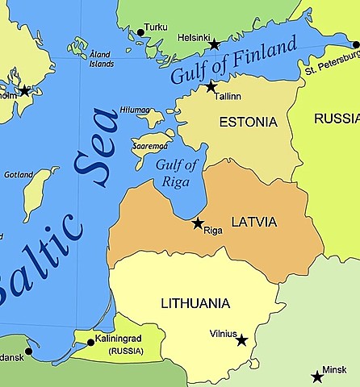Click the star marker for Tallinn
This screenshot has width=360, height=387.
point(211,86)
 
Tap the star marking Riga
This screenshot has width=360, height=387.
point(198,223)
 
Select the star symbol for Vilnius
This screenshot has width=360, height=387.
point(241,340)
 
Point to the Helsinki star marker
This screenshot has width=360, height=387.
point(214,45)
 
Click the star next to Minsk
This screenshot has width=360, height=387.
point(317,377)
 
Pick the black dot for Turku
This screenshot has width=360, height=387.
point(140,32)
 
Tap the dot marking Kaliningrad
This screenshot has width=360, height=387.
point(90,343)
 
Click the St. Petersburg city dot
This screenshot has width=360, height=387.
point(356,45)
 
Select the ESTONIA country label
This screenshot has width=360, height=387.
point(248,123)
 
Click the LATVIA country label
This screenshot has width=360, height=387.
point(253,222)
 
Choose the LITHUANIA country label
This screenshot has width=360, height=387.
point(195,303)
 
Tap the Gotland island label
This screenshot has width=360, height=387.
point(19,174)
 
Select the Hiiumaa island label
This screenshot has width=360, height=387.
point(135,110)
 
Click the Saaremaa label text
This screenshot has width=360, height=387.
point(149,146)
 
